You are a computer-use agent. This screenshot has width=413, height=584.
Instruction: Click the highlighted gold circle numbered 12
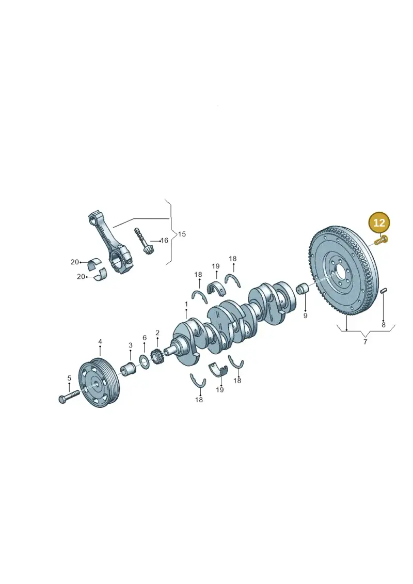tap(379, 223)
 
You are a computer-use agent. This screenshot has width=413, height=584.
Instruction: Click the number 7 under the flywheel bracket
tap(366, 341)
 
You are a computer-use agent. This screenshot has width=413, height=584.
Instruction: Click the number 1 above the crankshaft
tap(186, 304)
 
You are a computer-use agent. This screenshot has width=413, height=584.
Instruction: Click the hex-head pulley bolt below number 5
tap(69, 396)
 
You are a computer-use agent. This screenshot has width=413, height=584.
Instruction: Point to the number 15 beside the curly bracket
tap(182, 234)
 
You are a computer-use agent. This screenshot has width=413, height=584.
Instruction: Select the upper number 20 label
tap(75, 262)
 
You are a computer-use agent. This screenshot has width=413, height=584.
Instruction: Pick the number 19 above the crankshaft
tap(216, 266)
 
